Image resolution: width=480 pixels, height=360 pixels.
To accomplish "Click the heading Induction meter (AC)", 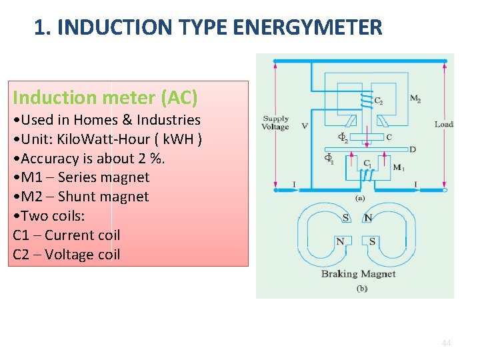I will point(105,97).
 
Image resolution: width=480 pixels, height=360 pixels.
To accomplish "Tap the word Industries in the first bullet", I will point(167,120).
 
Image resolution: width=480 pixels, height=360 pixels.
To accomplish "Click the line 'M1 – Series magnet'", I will point(81,177).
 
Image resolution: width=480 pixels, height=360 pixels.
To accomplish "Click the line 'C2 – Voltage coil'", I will point(67,254).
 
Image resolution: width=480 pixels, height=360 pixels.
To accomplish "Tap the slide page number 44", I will point(446,343).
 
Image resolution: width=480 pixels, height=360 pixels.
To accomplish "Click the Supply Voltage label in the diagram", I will point(275,123).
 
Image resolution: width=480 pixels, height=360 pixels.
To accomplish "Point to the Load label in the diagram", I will point(443,124).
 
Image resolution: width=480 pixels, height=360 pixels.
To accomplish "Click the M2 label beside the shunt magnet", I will point(415,99).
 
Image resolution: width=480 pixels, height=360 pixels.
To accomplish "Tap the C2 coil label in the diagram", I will point(378,101).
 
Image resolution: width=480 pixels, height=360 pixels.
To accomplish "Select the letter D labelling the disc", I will point(413,149).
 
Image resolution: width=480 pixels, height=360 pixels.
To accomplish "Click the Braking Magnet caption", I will point(358,273).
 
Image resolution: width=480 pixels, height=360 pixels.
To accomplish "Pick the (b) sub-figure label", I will point(361,288).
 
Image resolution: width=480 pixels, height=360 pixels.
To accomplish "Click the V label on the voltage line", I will point(304,125).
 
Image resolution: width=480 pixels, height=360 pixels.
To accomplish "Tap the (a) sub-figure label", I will point(359,198).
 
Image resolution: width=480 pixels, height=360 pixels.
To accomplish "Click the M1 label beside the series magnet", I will point(398,167).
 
